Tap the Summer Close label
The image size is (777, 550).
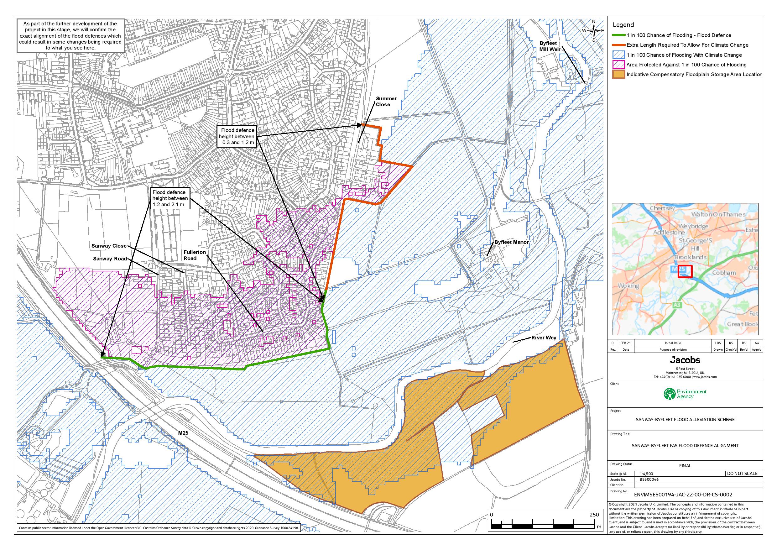point(386,102)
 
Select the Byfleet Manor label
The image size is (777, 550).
point(511,242)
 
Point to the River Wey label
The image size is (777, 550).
point(543,338)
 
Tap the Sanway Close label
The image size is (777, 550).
point(109,246)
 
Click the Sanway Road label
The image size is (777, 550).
point(110,259)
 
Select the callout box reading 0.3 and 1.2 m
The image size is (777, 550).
point(237,137)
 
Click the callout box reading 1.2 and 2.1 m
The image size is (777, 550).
point(169,198)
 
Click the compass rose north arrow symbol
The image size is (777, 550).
point(593,31)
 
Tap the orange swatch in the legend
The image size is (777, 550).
point(618,75)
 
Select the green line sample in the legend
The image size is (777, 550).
point(618,35)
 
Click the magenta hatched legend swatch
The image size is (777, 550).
point(618,65)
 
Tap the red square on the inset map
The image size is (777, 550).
point(685,271)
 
